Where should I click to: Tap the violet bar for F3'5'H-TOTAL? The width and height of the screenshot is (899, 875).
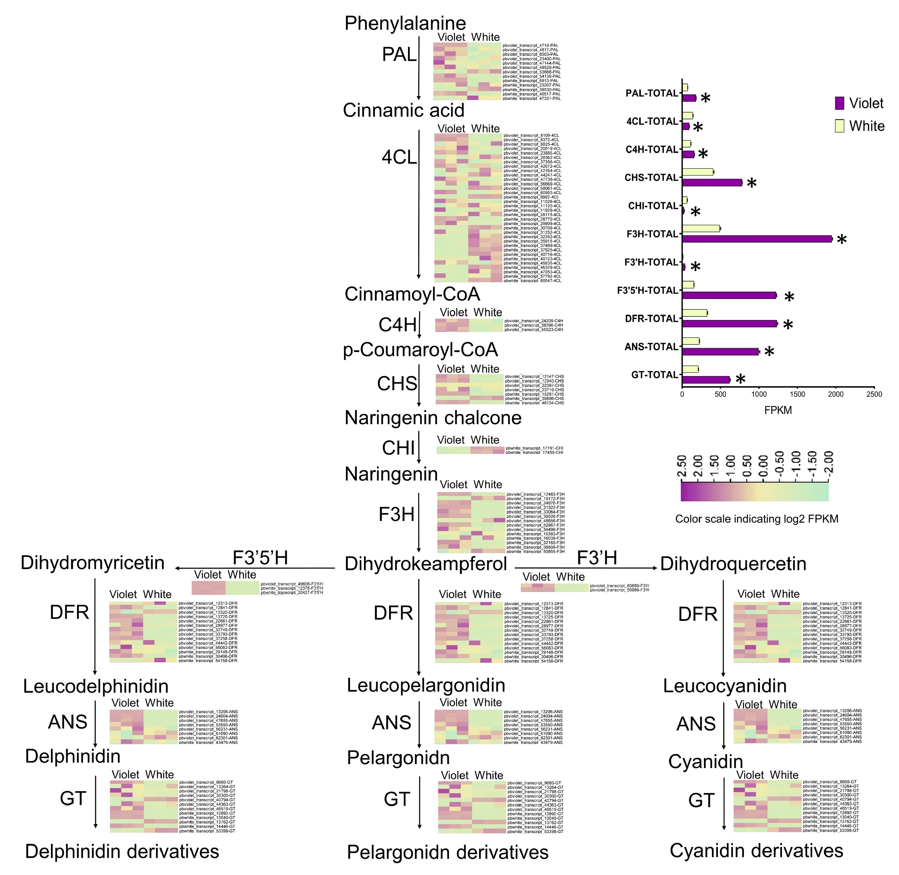pyautogui.click(x=729, y=295)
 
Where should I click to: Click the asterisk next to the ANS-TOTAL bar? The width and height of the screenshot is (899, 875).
pyautogui.click(x=769, y=353)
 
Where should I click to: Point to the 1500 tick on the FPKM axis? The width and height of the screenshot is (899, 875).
pyautogui.click(x=798, y=394)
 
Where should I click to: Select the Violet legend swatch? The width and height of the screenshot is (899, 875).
pyautogui.click(x=839, y=103)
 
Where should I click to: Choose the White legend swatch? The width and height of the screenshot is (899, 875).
pyautogui.click(x=839, y=126)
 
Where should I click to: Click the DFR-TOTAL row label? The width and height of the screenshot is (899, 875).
pyautogui.click(x=651, y=318)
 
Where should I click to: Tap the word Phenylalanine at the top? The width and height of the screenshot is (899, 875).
pyautogui.click(x=405, y=23)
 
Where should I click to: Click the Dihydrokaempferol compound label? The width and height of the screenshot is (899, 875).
pyautogui.click(x=425, y=564)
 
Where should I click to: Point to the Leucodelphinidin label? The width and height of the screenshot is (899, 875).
pyautogui.click(x=96, y=686)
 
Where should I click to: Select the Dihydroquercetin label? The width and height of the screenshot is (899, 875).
pyautogui.click(x=733, y=564)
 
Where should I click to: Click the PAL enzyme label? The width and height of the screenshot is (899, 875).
pyautogui.click(x=399, y=55)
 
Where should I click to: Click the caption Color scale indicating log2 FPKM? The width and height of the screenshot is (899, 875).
pyautogui.click(x=757, y=519)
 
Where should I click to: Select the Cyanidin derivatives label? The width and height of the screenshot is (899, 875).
pyautogui.click(x=756, y=851)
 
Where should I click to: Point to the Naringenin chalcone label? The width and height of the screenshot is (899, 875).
pyautogui.click(x=433, y=418)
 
